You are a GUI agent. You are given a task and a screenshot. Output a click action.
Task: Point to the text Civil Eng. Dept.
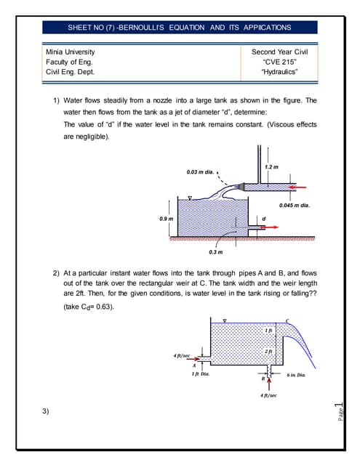70,73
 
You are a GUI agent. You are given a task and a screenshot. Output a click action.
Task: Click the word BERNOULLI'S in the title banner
130,28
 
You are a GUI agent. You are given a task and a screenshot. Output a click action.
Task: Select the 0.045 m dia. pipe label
295,205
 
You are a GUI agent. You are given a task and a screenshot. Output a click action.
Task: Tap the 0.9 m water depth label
167,218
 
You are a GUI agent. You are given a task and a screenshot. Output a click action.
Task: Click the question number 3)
46,413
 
